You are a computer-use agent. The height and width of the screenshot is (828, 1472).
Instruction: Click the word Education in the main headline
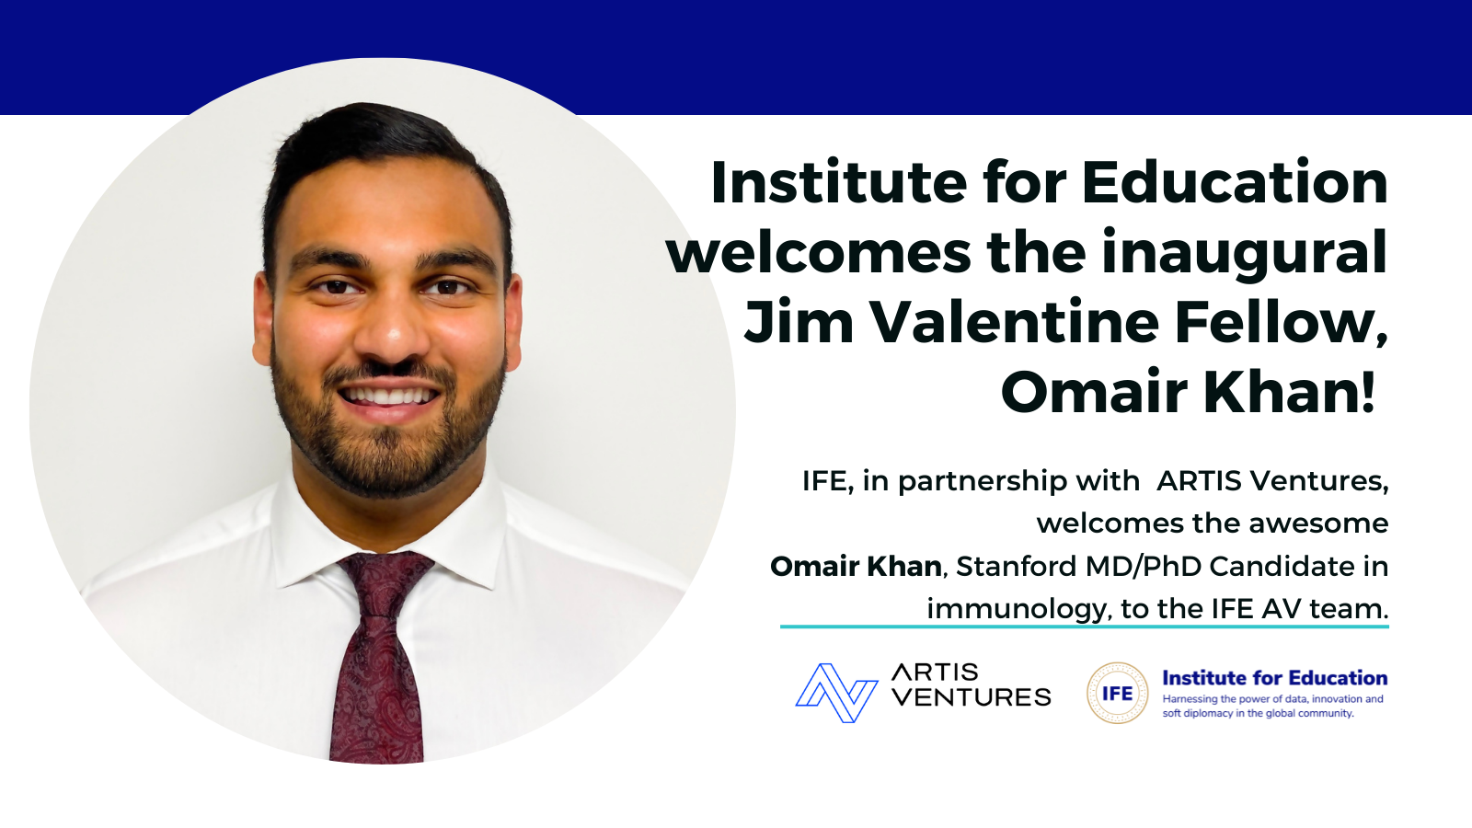click(x=1235, y=182)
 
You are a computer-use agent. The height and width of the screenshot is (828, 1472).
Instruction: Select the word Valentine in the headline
click(x=1015, y=322)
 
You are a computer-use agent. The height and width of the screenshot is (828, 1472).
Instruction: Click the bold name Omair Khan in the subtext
click(x=856, y=567)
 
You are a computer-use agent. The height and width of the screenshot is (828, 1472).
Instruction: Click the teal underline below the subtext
click(x=1085, y=627)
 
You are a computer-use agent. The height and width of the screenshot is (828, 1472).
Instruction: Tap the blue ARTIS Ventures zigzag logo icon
click(x=836, y=694)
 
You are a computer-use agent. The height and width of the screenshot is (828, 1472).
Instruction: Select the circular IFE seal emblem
click(x=1117, y=694)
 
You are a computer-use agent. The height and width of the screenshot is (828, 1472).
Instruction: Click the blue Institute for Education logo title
click(x=1275, y=678)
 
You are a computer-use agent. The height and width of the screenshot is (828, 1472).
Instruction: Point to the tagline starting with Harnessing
click(x=1273, y=707)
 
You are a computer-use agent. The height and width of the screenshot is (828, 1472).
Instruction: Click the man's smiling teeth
click(x=389, y=397)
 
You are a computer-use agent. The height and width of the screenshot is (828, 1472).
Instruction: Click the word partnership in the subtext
click(x=1018, y=482)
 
